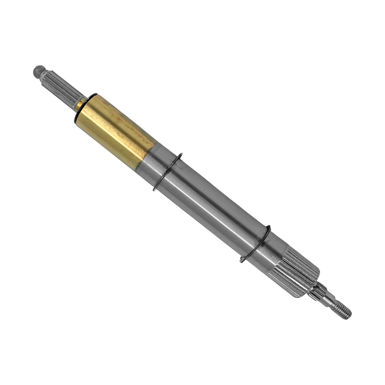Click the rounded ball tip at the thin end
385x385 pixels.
tap(38, 72)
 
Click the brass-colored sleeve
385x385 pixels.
tap(115, 130)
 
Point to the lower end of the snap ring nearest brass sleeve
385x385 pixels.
tap(155, 189)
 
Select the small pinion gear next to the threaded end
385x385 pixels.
tap(318, 291)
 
